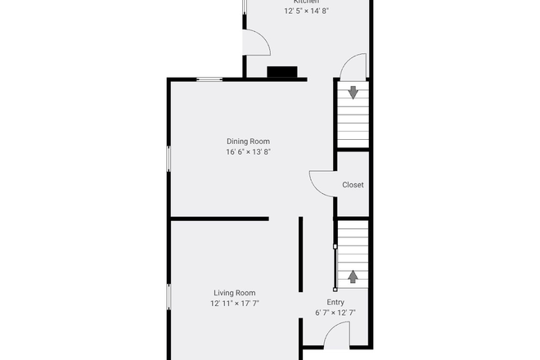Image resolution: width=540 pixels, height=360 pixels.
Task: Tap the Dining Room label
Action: tap(248, 142)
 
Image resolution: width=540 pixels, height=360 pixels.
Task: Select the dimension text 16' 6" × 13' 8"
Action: tap(248, 152)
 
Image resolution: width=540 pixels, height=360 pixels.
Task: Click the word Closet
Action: tap(353, 186)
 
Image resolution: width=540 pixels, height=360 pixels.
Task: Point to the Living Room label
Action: tap(235, 293)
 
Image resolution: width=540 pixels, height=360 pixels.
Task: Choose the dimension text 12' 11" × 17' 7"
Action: tap(235, 304)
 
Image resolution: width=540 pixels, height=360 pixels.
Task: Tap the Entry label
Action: tap(335, 302)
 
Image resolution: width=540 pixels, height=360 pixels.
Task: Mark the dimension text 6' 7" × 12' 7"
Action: tap(335, 313)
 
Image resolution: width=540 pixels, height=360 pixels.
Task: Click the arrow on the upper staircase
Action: tap(353, 92)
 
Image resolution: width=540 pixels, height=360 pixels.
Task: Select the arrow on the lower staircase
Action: tap(353, 276)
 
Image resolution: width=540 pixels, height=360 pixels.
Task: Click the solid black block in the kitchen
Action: tap(282, 72)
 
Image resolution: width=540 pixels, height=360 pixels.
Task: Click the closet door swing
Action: tap(321, 181)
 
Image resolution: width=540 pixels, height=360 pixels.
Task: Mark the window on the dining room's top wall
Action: tap(209, 79)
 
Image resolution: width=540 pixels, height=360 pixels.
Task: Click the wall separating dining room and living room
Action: tap(218, 218)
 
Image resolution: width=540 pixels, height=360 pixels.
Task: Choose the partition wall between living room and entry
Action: tap(301, 254)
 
